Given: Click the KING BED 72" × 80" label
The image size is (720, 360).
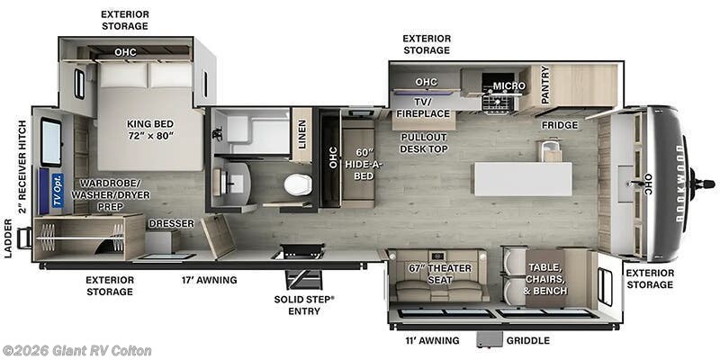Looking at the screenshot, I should tap(151, 130).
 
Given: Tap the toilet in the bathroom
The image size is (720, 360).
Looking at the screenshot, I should tap(296, 184).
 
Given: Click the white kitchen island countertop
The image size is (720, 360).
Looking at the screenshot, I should tap(523, 178).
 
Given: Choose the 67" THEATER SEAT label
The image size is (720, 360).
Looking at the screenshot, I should tap(438, 274).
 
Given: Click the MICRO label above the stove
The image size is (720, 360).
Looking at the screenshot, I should tap(509, 86).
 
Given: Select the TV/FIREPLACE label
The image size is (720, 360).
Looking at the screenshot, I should tap(423, 108).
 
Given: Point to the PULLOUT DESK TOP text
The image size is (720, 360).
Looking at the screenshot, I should tap(424, 142).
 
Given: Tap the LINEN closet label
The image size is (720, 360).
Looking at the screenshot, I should tap(302, 133).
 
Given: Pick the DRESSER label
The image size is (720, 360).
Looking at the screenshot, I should tap(167, 222).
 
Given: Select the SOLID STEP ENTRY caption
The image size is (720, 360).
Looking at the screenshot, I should tap(304, 304).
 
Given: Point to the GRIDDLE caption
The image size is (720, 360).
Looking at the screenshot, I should tap(527, 341).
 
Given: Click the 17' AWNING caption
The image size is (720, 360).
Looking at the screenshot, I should tap(209, 280).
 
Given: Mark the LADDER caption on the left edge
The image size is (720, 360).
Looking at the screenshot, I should tap(8, 238).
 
